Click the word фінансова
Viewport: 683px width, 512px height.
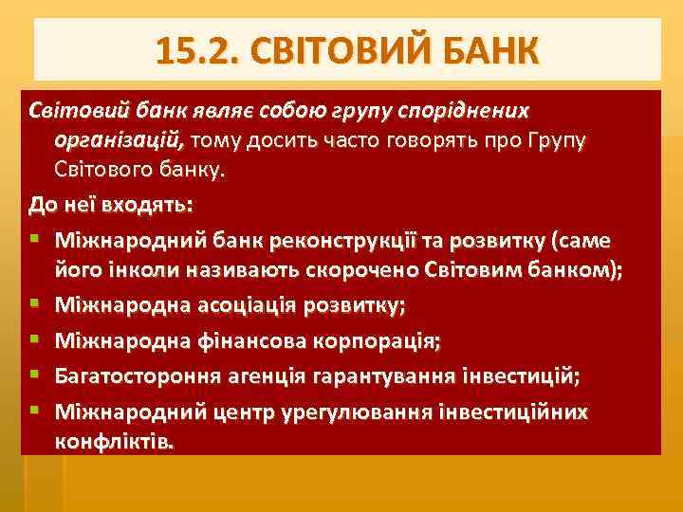[x=231, y=340]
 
